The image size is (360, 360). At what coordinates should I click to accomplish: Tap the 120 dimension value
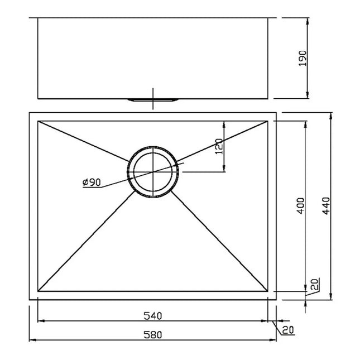[219, 146]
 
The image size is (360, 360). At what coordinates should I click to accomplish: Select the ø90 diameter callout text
[90, 183]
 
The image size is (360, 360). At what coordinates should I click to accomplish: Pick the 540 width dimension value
[152, 316]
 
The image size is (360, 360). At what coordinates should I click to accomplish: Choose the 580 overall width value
[152, 335]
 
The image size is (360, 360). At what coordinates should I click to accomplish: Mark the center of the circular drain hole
[152, 172]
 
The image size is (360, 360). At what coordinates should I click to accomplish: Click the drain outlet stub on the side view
[152, 100]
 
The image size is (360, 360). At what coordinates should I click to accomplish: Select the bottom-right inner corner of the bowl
[268, 291]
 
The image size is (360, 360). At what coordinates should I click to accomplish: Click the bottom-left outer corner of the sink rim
[29, 300]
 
